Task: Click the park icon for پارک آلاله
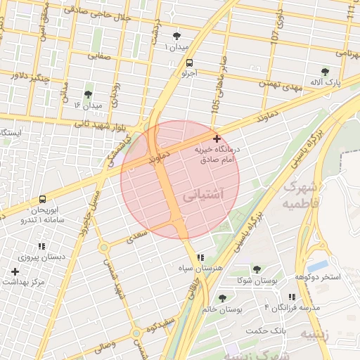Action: tap(325, 72)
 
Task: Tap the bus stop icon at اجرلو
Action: tap(179, 63)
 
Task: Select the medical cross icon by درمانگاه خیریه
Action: tap(217, 139)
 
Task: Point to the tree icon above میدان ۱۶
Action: tap(88, 94)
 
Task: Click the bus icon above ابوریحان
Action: tap(43, 200)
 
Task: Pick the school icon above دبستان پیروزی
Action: tap(41, 247)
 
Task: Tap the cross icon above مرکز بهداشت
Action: tap(15, 271)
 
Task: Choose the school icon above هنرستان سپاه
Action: tap(201, 257)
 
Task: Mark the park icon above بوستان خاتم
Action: tap(222, 298)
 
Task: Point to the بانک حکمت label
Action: tap(268, 330)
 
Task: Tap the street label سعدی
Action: tap(136, 238)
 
